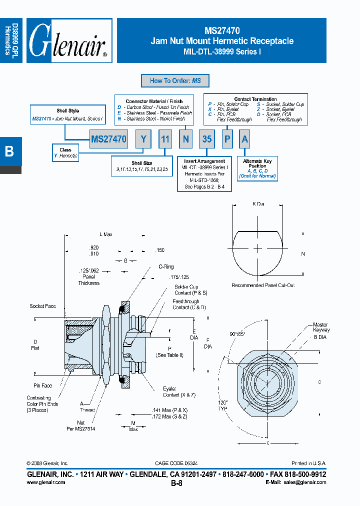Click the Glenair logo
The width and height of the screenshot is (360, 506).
(68, 41)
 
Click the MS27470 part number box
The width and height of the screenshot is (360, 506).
(109, 139)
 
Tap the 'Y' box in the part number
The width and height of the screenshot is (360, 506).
(143, 139)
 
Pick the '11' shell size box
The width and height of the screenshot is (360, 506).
(165, 139)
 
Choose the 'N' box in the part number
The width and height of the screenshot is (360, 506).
(185, 139)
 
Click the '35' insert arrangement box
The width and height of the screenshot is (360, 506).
(206, 139)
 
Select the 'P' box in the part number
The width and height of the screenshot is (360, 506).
(227, 139)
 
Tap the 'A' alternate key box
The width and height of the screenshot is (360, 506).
(244, 139)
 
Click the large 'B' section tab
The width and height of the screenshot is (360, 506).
(10, 151)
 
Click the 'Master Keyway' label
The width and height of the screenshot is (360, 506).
(321, 327)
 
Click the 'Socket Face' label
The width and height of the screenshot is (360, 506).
(42, 306)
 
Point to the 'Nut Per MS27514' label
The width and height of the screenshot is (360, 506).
(80, 425)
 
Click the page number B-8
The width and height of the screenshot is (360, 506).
(176, 483)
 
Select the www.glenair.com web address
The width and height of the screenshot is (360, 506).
(45, 482)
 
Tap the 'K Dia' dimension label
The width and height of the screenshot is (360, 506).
(258, 204)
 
